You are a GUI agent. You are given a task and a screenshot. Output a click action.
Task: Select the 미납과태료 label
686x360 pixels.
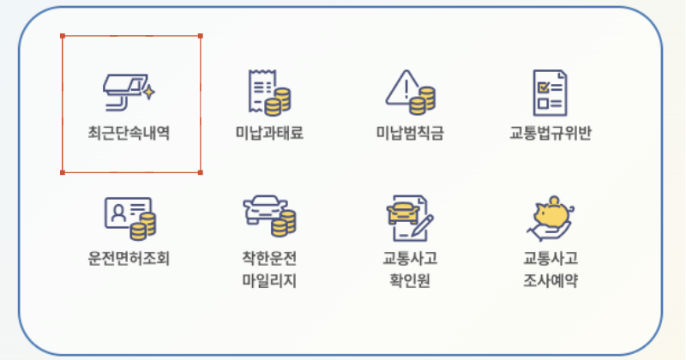coord(269,135)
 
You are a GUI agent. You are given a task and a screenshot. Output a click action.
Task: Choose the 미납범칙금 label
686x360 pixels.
coord(410,135)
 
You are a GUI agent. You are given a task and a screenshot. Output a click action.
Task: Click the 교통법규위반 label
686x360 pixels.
coord(551,135)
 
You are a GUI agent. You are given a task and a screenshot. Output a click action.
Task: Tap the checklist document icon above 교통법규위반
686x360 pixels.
coord(549,92)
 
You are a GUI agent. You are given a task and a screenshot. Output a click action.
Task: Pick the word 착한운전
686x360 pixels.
coord(269,258)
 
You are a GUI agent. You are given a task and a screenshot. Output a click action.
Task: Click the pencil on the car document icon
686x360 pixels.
coord(423,226)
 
